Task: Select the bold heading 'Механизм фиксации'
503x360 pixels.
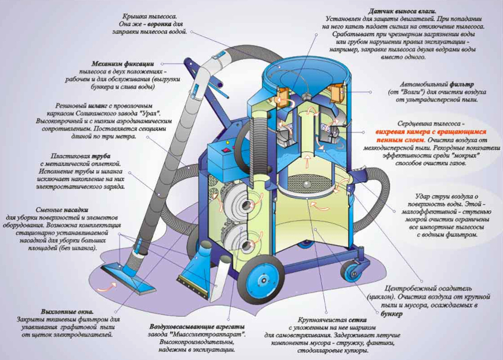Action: click(122, 63)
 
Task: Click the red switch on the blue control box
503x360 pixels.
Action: click(225, 153)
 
